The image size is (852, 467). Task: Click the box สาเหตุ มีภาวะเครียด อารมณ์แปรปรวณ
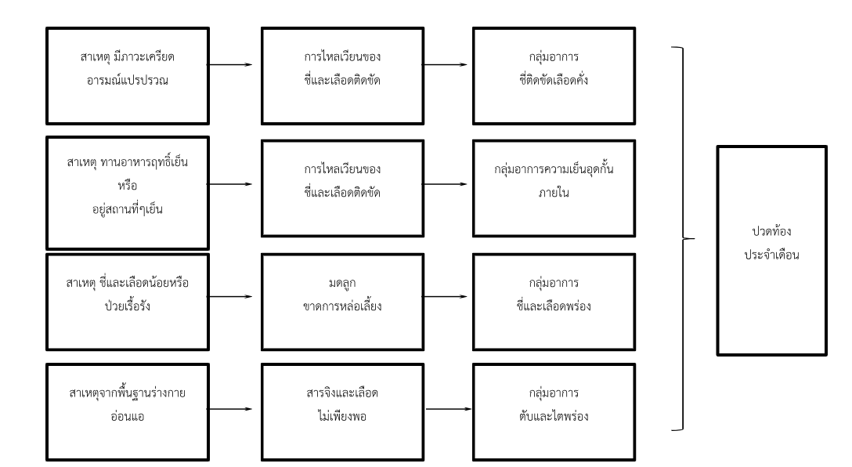coord(128,75)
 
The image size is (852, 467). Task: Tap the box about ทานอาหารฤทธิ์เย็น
coord(128,193)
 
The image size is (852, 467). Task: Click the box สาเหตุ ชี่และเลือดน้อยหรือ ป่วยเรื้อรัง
coord(128,298)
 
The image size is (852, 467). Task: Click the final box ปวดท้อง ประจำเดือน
coord(771,250)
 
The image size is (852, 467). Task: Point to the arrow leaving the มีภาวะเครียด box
coord(233,65)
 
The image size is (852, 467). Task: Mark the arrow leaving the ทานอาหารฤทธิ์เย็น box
coord(233,184)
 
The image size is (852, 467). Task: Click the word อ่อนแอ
coord(128,418)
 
